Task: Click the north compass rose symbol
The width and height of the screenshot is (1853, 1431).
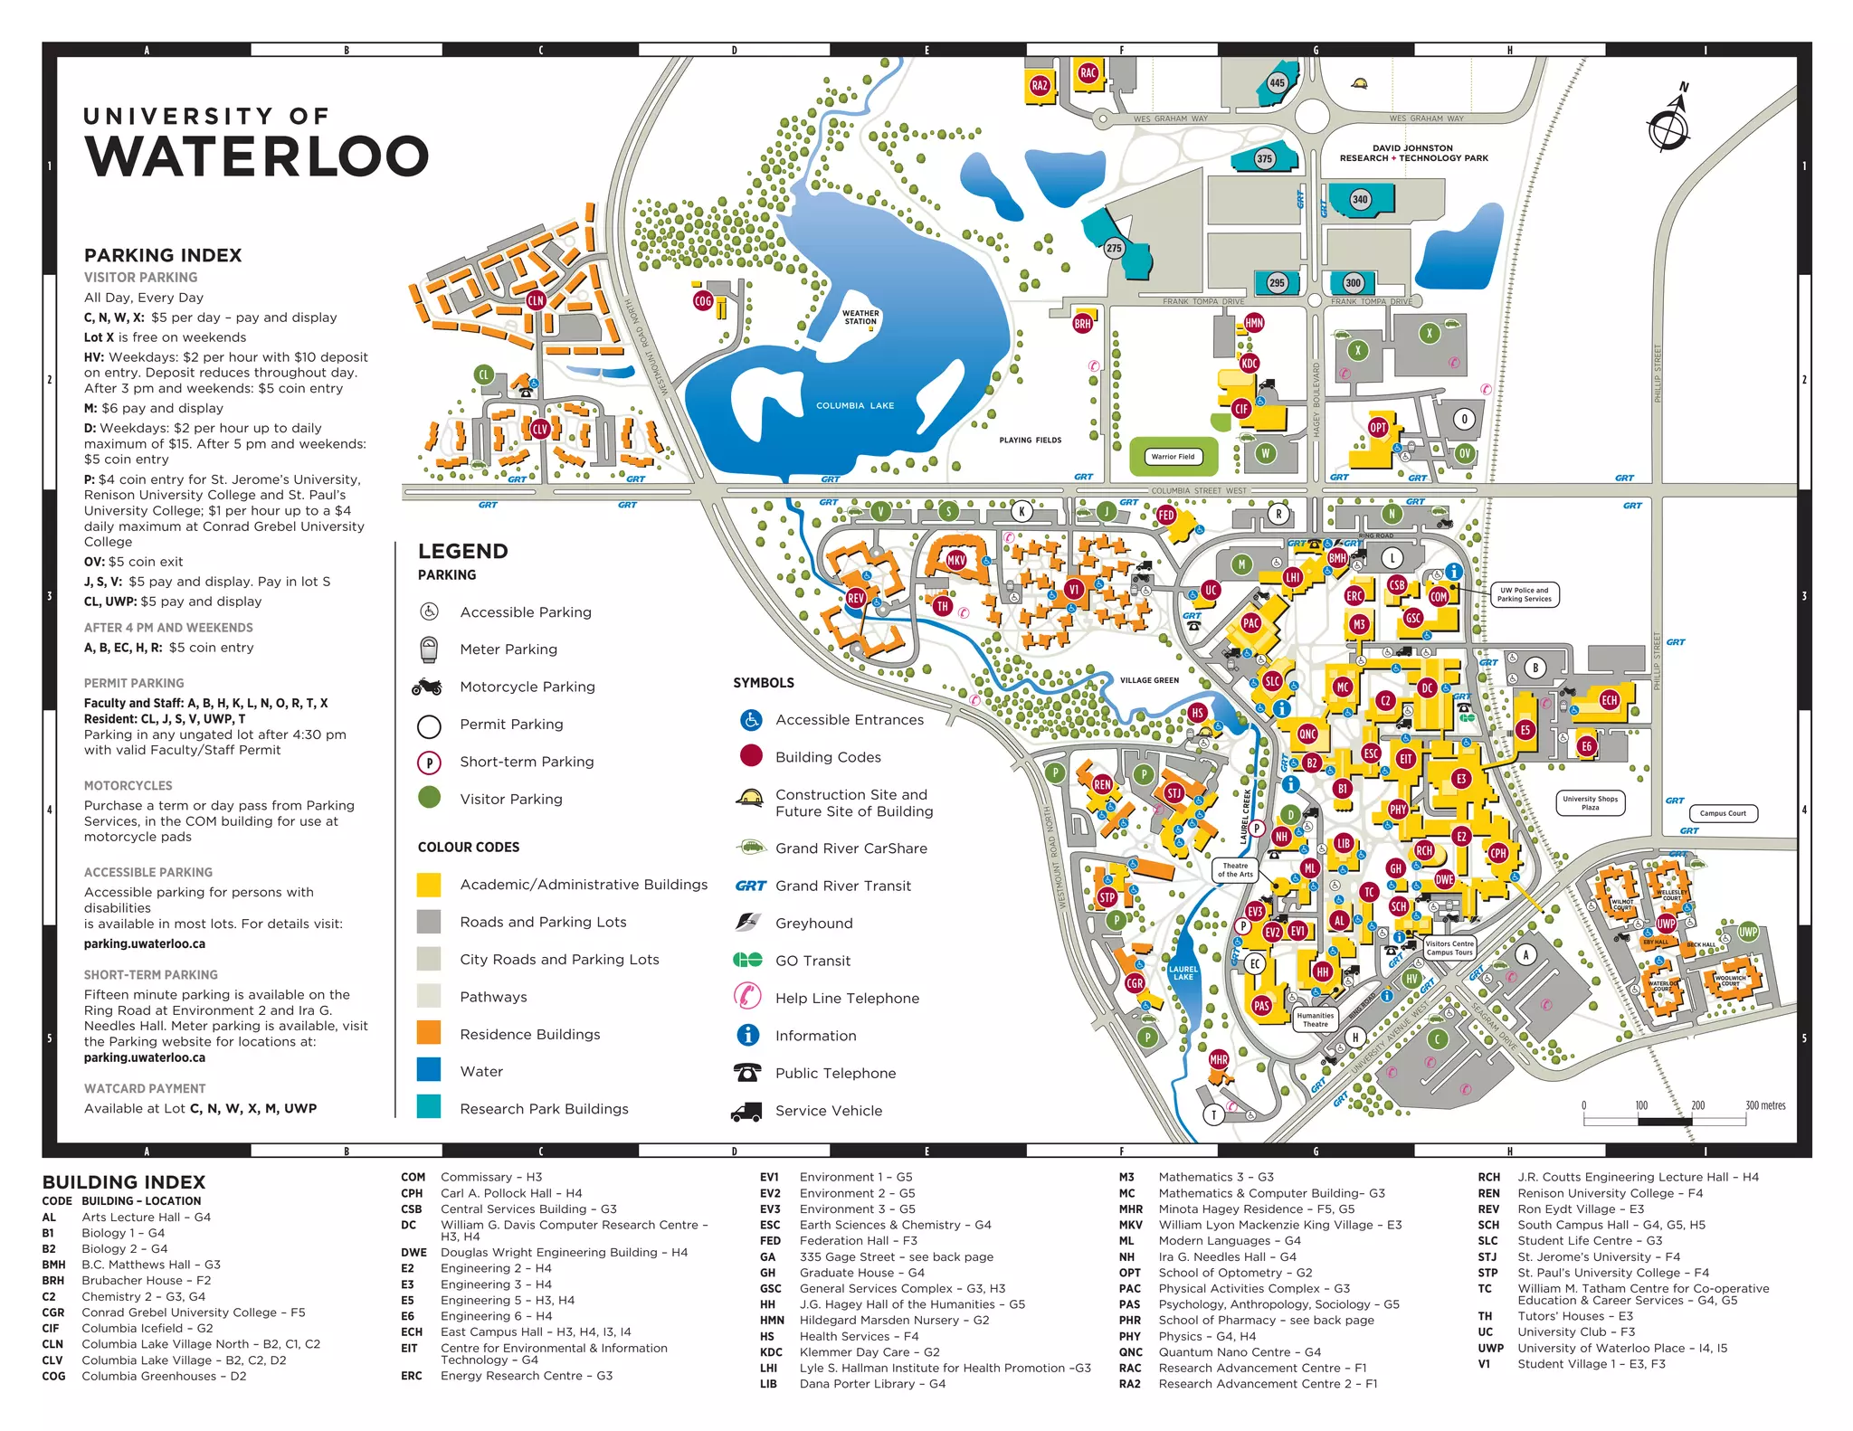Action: point(1668,128)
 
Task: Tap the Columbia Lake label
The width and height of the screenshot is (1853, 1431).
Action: point(854,406)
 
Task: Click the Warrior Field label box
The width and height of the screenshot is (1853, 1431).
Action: point(1173,457)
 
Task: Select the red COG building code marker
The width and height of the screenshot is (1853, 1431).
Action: point(703,301)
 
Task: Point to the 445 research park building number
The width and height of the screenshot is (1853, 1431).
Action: point(1277,83)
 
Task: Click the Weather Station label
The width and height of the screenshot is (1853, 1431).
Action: point(860,317)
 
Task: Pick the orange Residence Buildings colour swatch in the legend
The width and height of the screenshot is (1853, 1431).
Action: point(429,1034)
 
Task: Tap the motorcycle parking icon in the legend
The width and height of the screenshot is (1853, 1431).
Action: point(427,687)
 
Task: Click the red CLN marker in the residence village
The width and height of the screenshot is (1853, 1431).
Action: point(536,300)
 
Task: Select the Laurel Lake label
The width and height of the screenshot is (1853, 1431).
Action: point(1183,973)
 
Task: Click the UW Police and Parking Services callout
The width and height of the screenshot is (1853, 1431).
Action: point(1524,594)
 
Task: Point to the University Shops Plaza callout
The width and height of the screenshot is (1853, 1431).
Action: point(1590,803)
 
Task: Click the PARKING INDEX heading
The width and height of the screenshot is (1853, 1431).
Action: point(163,255)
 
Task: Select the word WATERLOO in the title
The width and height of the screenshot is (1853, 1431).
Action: point(257,156)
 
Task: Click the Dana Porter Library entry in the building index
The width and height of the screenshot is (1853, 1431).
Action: point(871,1384)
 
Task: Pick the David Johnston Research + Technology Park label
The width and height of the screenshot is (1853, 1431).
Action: point(1413,153)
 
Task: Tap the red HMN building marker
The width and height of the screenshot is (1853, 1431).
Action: point(1254,323)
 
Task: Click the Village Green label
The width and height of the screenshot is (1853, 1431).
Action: point(1149,680)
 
